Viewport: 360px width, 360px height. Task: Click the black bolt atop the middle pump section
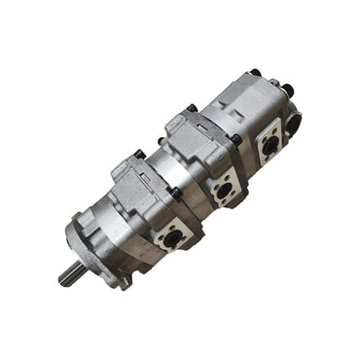[193, 109]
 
